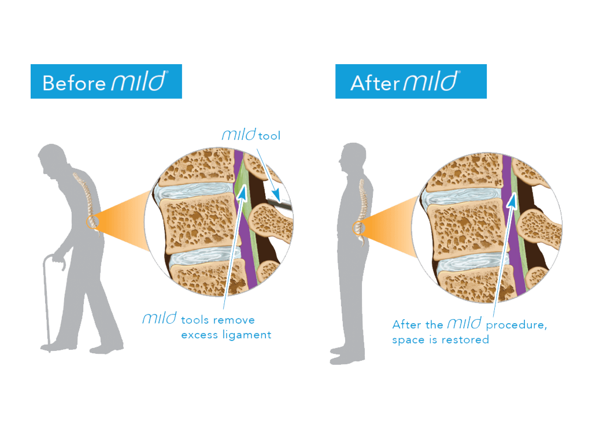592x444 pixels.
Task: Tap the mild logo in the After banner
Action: pos(430,81)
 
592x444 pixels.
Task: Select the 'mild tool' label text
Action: pos(250,136)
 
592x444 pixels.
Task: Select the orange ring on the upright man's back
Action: pos(358,228)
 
